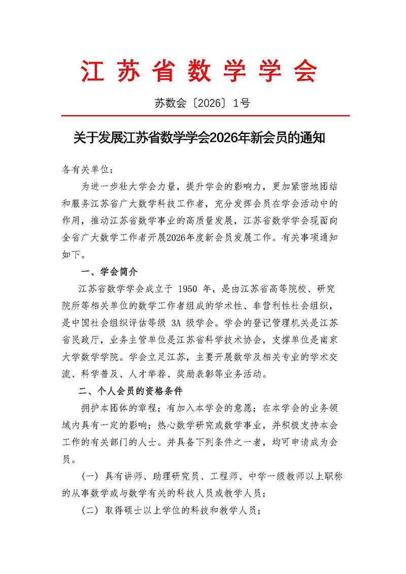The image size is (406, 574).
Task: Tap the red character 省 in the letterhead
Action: click(x=166, y=71)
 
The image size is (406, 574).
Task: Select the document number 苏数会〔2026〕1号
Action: click(x=202, y=103)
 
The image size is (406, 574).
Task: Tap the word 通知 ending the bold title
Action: click(x=311, y=138)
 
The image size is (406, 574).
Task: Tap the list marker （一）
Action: click(x=90, y=478)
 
